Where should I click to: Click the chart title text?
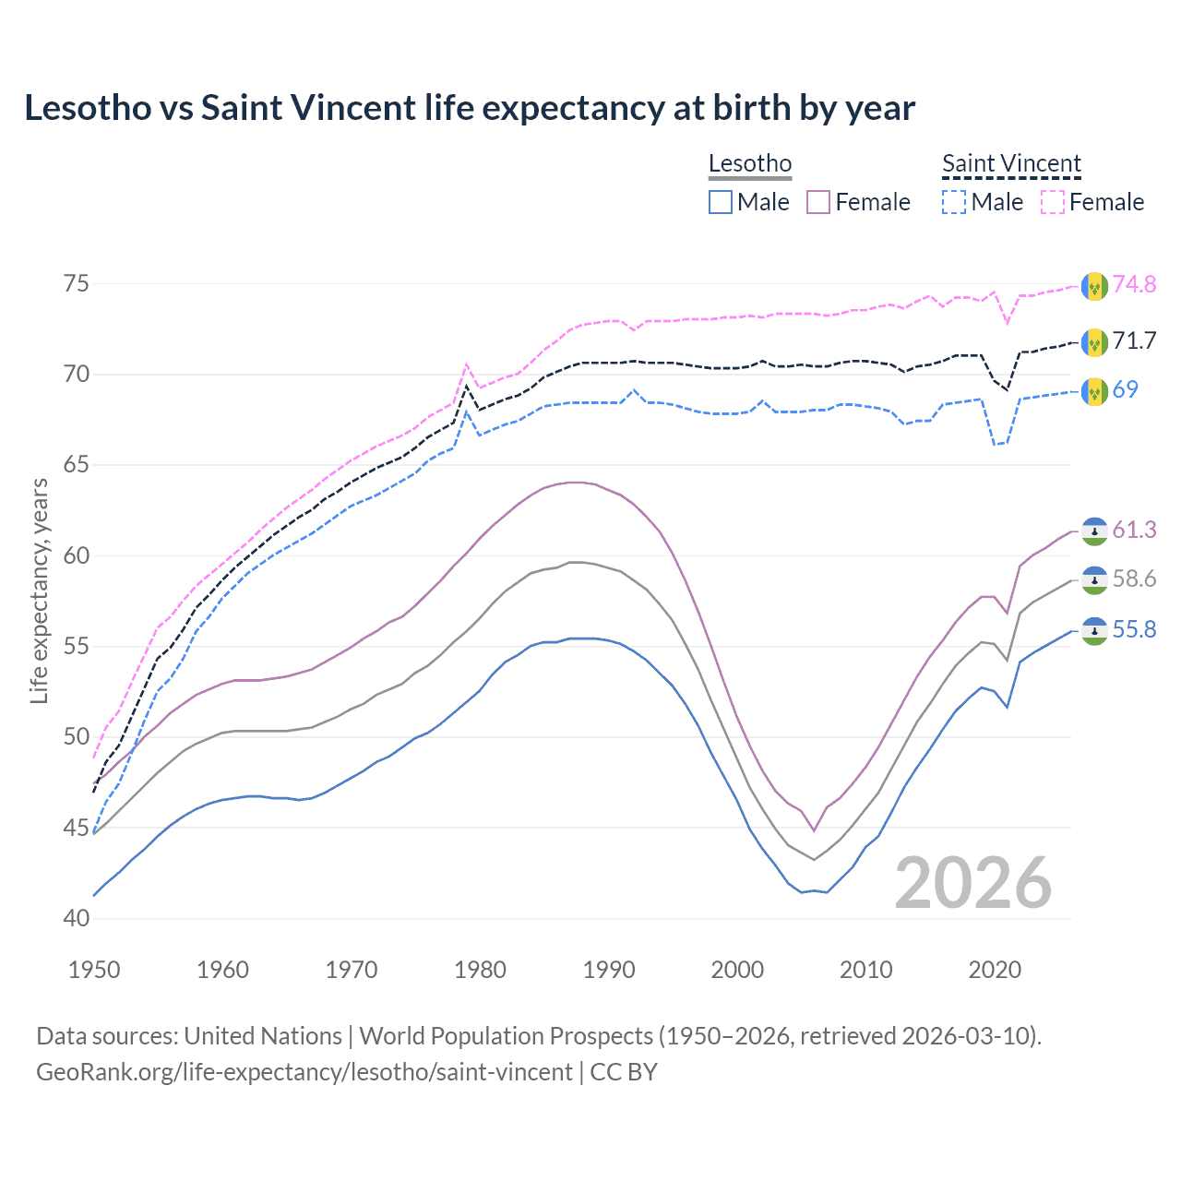[x=470, y=108]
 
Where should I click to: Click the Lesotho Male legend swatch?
[x=721, y=202]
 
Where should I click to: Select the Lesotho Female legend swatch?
[x=818, y=202]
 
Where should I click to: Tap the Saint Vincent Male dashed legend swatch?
[x=954, y=202]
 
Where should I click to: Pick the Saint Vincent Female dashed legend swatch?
[x=1053, y=202]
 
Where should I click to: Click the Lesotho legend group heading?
[x=750, y=163]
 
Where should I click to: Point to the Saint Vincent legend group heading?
[x=1011, y=163]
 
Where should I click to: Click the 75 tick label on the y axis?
[x=77, y=283]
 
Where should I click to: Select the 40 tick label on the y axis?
[x=77, y=918]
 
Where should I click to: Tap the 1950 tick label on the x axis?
[x=94, y=970]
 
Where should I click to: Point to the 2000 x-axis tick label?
[x=737, y=970]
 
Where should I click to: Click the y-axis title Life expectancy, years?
[x=39, y=590]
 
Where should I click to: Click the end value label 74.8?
[x=1134, y=284]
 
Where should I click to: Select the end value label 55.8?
[x=1134, y=629]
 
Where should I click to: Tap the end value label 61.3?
[x=1134, y=530]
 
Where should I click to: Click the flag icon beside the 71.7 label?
[x=1094, y=341]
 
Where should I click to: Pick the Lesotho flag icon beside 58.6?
[x=1094, y=579]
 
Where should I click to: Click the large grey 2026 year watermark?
[x=973, y=883]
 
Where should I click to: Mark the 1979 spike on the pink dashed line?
[x=467, y=364]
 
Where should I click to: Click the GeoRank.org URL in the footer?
[x=304, y=1072]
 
